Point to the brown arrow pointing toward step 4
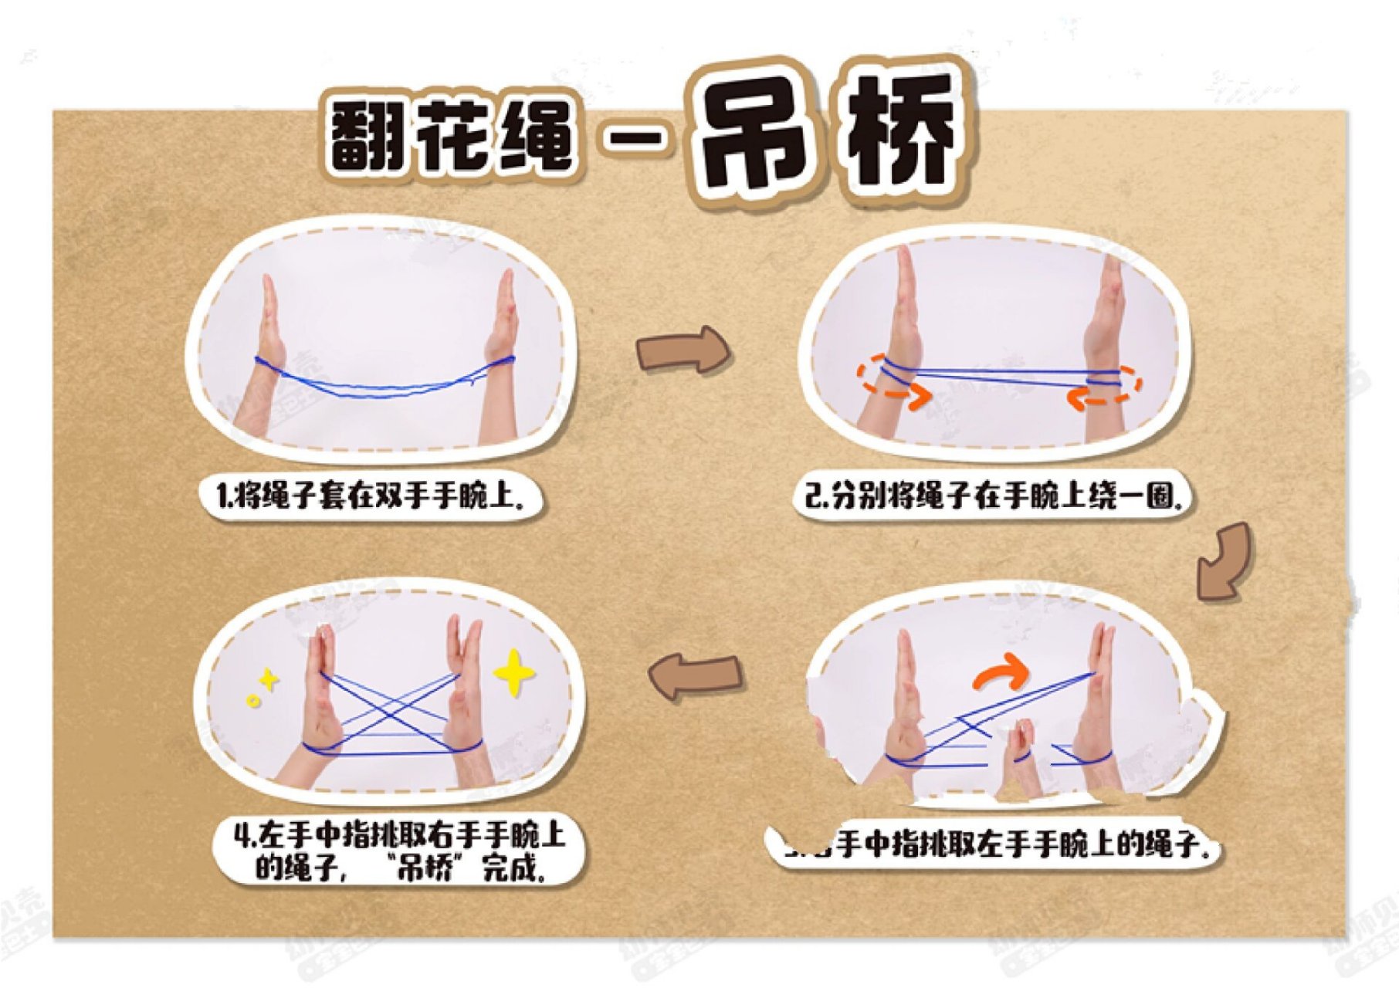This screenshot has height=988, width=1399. [x=695, y=675]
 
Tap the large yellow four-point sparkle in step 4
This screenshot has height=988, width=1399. [x=513, y=672]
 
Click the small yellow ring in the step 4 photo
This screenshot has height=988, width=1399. [x=253, y=700]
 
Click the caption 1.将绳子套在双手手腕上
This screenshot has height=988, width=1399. [x=371, y=495]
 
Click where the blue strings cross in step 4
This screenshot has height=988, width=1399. [x=394, y=705]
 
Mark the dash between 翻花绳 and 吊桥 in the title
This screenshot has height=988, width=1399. [x=633, y=140]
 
